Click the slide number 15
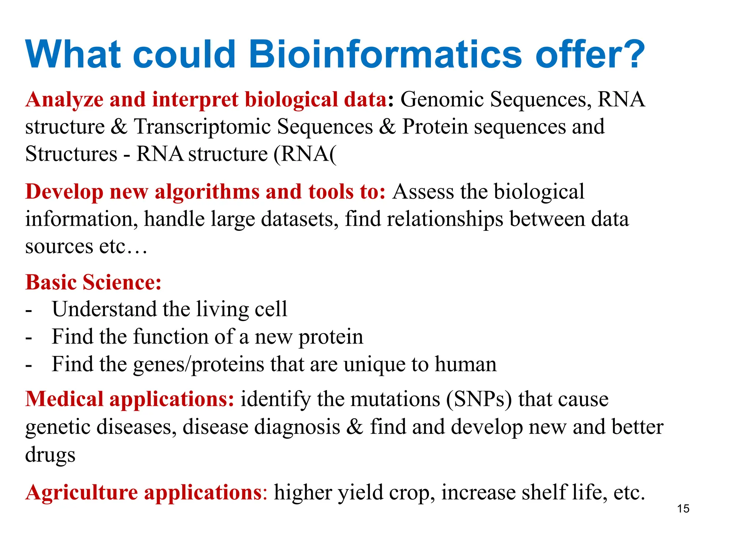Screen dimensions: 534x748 [683, 508]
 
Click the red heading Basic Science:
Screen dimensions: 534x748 [93, 282]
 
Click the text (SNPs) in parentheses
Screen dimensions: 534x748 [479, 399]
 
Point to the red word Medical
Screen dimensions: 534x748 [64, 399]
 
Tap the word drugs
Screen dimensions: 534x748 [50, 455]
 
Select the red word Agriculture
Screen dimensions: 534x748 [81, 492]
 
